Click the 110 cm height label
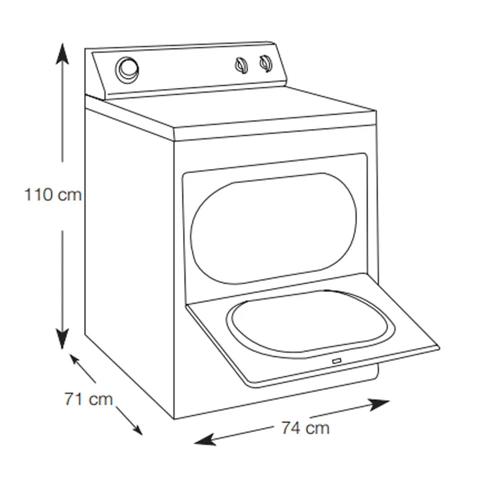click(x=53, y=195)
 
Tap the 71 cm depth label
click(x=89, y=399)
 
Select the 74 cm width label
click(x=306, y=428)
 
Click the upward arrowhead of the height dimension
click(x=62, y=53)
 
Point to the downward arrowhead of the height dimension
click(x=62, y=339)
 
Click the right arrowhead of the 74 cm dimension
click(x=378, y=404)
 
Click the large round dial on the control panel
click(x=127, y=70)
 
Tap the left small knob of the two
click(x=241, y=65)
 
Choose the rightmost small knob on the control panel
click(x=266, y=64)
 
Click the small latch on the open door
click(x=336, y=361)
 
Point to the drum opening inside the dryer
click(x=274, y=229)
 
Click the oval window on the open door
click(x=310, y=323)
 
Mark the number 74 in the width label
click(x=291, y=428)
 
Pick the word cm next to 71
click(x=101, y=400)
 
